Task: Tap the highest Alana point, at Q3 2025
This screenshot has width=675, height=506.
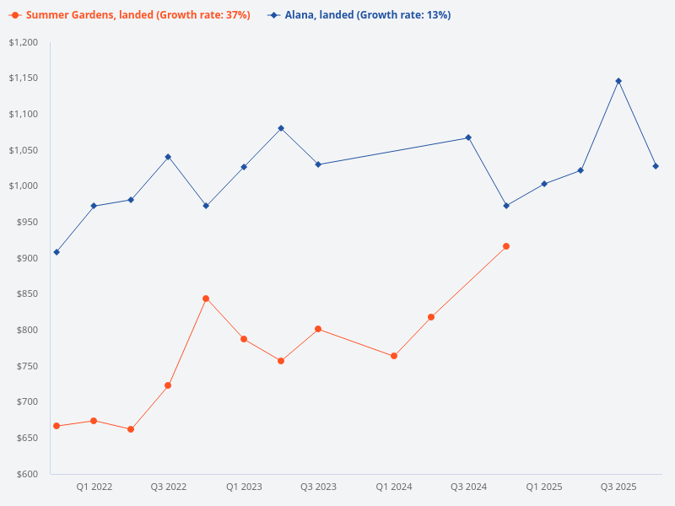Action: pos(618,81)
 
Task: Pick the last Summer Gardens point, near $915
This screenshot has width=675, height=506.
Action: pos(506,246)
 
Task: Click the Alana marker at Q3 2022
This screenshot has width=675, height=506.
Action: pos(168,157)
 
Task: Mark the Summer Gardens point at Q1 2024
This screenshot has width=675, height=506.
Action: pos(394,356)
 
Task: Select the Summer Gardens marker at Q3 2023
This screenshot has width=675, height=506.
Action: pos(318,329)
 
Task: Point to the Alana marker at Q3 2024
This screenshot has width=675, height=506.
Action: pos(468,137)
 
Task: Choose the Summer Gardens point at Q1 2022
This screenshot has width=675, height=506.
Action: pos(94,421)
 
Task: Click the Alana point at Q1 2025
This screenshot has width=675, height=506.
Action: pos(544,184)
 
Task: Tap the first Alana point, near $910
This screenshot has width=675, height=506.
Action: pos(57,252)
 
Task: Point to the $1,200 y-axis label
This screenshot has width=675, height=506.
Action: pos(24,42)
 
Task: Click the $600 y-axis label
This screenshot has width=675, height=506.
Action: pos(28,474)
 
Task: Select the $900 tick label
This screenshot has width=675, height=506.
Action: pos(28,258)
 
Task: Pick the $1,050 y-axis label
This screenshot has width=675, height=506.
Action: pos(24,150)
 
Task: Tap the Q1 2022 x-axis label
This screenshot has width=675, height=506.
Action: pos(94,487)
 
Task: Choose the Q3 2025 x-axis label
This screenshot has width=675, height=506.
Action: pos(618,487)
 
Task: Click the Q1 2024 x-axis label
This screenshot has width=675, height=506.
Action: pos(394,487)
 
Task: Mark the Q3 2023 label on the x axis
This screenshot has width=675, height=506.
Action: pos(318,487)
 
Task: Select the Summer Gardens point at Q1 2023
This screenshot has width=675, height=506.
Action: pos(244,339)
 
